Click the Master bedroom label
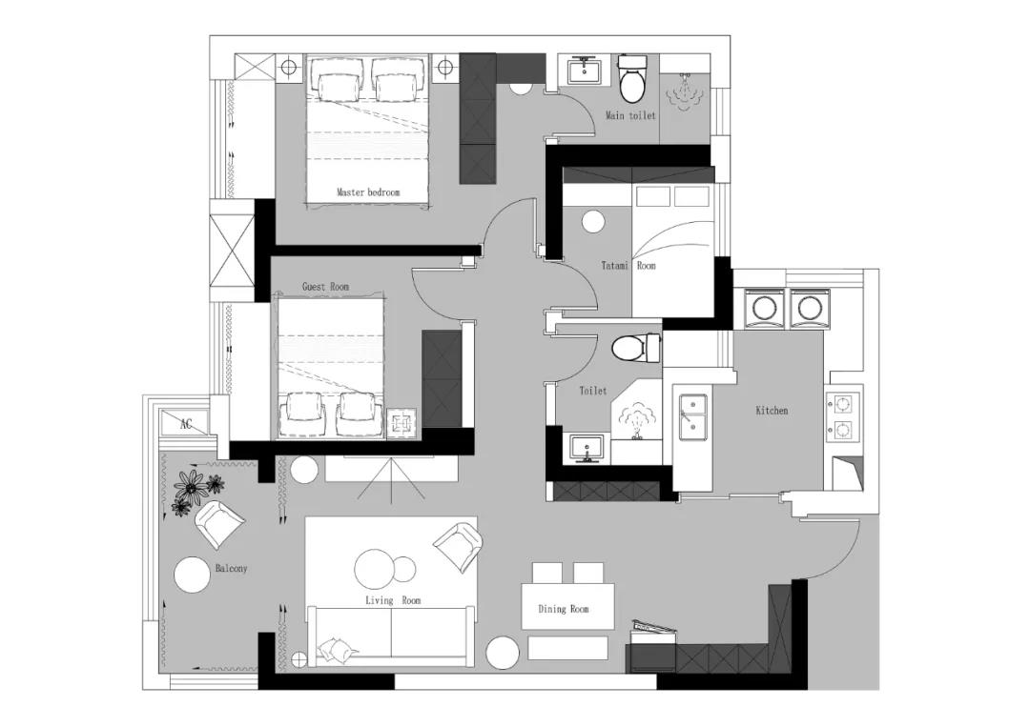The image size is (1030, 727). pyautogui.click(x=368, y=192)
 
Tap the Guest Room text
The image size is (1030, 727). pyautogui.click(x=325, y=287)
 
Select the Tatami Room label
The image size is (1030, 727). pyautogui.click(x=628, y=266)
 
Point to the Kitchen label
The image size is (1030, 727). pyautogui.click(x=772, y=411)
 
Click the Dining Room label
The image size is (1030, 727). pyautogui.click(x=564, y=609)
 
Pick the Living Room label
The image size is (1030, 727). pyautogui.click(x=393, y=600)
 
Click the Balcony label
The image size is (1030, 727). pyautogui.click(x=231, y=568)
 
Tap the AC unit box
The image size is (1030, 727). pyautogui.click(x=186, y=423)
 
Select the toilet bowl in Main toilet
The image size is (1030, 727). pyautogui.click(x=633, y=79)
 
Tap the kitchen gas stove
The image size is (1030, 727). pyautogui.click(x=842, y=415)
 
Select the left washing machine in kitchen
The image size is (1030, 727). pyautogui.click(x=764, y=307)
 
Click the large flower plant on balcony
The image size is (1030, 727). pyautogui.click(x=191, y=486)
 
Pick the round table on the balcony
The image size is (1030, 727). pyautogui.click(x=192, y=575)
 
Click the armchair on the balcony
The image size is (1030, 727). pyautogui.click(x=219, y=524)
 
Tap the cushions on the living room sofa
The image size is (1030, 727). pyautogui.click(x=337, y=650)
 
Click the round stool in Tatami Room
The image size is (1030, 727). pyautogui.click(x=593, y=222)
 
